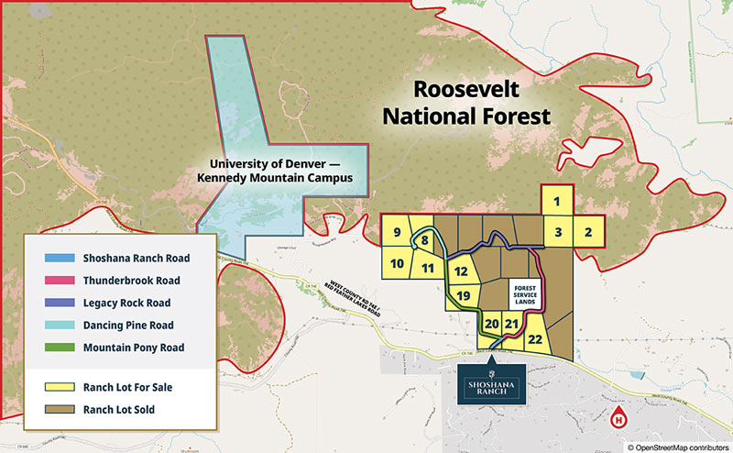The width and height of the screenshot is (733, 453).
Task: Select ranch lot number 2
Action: click(588, 233)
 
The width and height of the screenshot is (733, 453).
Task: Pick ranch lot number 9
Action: click(397, 233)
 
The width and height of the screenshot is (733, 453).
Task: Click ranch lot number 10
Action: click(398, 265)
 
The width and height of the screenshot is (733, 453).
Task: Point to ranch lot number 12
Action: click(462, 271)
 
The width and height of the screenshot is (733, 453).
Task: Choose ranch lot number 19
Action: click(464, 295)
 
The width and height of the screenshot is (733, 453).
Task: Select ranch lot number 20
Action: click(491, 324)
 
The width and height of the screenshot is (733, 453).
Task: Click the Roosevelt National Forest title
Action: click(467, 103)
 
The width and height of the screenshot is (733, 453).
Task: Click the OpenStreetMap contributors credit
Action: click(678, 446)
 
